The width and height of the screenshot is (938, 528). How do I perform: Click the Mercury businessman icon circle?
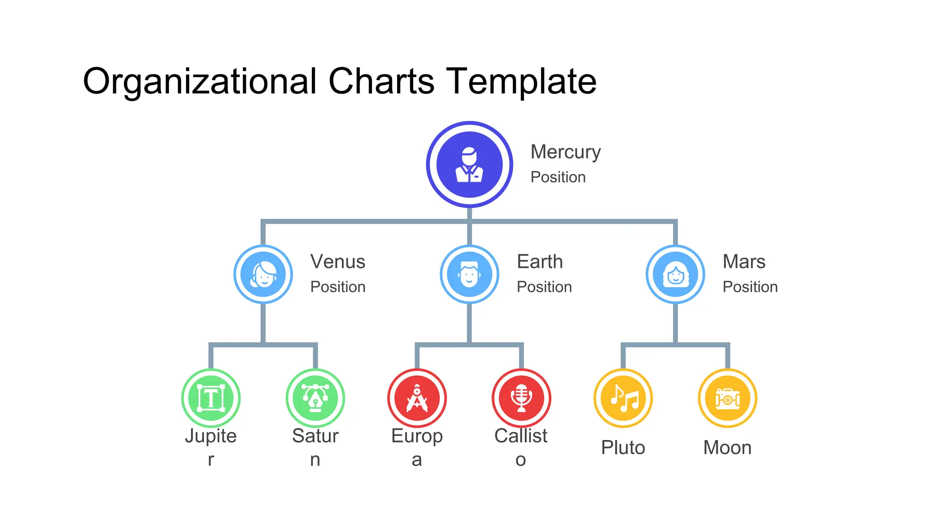(469, 165)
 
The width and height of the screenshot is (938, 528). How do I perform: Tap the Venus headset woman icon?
(263, 275)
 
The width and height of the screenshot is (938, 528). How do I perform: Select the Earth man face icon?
(469, 275)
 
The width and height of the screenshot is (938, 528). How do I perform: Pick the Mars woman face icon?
(676, 275)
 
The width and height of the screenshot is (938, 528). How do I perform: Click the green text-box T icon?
(211, 398)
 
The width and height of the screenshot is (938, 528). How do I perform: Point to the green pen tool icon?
(315, 398)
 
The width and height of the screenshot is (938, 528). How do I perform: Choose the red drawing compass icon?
(417, 398)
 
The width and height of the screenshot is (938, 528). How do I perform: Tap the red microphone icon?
(521, 398)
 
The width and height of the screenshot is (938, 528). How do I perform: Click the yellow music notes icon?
(623, 398)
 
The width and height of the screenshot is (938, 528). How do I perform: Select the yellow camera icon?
(727, 398)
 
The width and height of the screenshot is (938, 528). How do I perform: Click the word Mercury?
(566, 152)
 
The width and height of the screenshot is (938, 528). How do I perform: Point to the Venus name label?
(338, 262)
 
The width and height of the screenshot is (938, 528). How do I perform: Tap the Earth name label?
(540, 262)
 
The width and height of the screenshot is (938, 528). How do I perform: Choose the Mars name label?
(744, 262)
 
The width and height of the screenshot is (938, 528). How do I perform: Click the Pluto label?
(623, 447)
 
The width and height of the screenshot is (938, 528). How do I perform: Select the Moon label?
(727, 447)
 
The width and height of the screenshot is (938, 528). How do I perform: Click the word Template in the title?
(521, 82)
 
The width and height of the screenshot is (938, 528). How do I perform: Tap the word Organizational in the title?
(200, 82)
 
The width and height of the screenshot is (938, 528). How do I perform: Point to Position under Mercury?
(558, 177)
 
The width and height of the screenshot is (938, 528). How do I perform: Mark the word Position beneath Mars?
(750, 287)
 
